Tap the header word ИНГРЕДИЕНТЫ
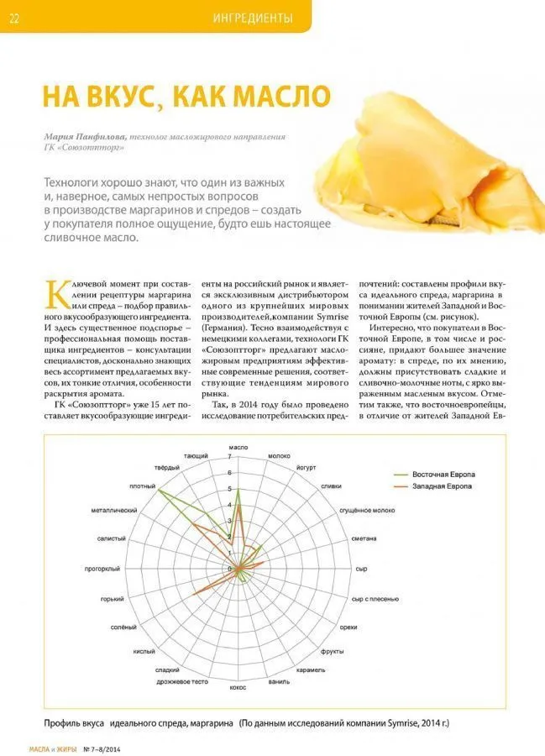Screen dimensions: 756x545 click(x=253, y=18)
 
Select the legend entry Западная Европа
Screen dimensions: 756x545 click(x=443, y=487)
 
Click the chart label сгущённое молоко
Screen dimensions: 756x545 click(x=367, y=511)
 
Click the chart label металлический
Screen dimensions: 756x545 click(x=113, y=510)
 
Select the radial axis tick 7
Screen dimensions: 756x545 click(x=229, y=458)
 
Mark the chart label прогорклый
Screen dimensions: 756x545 click(x=105, y=568)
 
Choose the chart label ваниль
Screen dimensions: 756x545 click(x=280, y=680)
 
